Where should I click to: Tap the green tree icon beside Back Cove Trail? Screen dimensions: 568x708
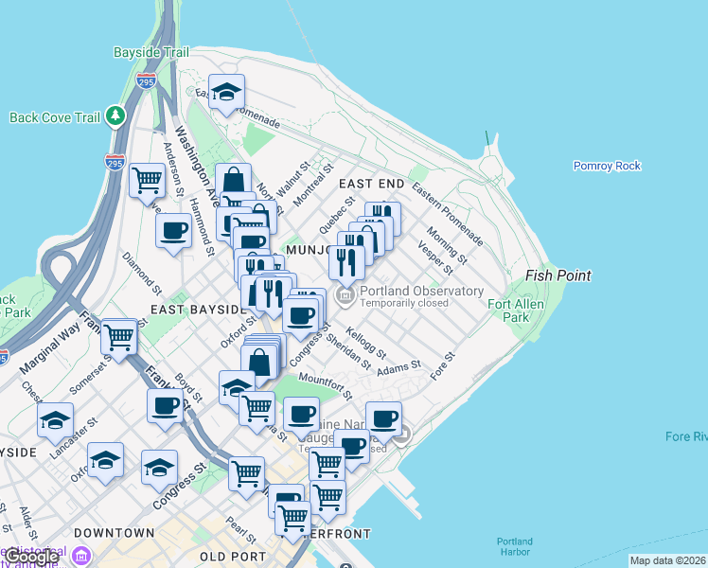click(x=115, y=116)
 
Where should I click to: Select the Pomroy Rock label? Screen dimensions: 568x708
click(x=607, y=166)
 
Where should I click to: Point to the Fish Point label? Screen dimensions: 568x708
click(x=559, y=275)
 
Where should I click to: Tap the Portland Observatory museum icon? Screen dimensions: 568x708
click(x=345, y=297)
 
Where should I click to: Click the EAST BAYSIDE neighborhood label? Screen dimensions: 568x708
click(x=196, y=310)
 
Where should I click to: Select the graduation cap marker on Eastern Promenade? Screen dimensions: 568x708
click(x=227, y=92)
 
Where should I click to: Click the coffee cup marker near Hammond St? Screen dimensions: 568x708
click(x=173, y=230)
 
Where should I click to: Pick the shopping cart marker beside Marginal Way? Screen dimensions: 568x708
click(x=119, y=336)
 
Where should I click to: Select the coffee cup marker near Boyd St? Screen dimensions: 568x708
click(x=166, y=406)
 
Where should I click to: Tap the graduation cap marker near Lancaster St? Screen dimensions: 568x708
click(x=55, y=419)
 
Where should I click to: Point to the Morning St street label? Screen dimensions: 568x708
click(x=446, y=242)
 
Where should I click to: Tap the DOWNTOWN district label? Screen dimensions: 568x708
click(x=114, y=533)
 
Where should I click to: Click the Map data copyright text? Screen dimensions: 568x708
click(x=666, y=560)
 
